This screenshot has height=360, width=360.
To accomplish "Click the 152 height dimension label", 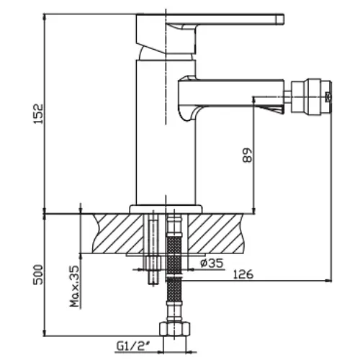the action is coord(39,114).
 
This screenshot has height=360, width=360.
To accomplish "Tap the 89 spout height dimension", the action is coord(248,156).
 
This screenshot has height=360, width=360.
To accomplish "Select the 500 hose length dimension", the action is coord(38,275).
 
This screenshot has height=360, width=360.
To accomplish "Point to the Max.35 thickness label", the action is coord(74,286).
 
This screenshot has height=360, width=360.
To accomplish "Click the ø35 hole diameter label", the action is coord(212,264).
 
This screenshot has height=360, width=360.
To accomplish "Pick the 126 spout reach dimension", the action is coord(243,274).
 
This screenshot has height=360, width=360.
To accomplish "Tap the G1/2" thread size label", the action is coord(131,346).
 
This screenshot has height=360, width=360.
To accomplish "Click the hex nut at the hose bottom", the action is coord(175,329).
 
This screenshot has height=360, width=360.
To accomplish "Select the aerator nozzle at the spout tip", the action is coord(311,95).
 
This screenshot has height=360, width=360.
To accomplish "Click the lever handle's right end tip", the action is coord(284,19).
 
